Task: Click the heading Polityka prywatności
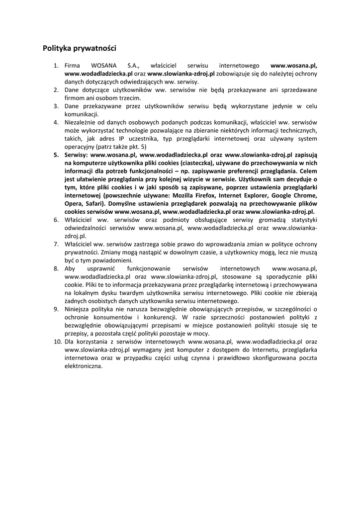point(79,48)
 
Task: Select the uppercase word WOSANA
point(103,65)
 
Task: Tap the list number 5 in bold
point(56,155)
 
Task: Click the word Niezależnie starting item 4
point(83,122)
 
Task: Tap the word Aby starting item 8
point(70,268)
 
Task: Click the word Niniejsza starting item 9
point(79,309)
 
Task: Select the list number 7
point(56,244)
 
